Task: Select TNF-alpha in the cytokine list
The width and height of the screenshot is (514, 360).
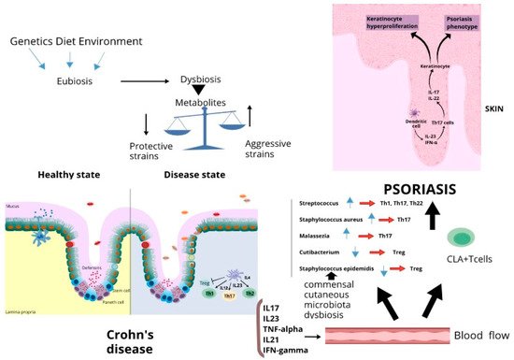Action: tap(286, 329)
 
